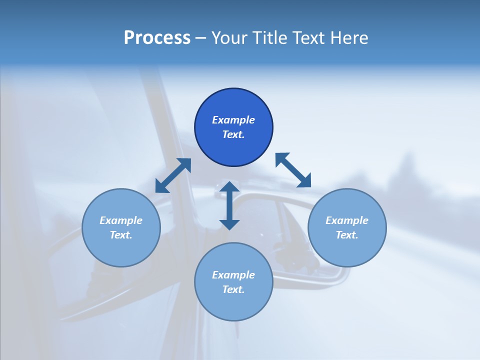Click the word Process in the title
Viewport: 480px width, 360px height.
click(157, 38)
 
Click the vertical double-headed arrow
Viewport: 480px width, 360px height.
click(229, 205)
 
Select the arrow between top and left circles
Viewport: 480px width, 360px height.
click(173, 175)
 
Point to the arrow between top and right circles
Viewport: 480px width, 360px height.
click(293, 170)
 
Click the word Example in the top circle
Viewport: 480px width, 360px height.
click(233, 120)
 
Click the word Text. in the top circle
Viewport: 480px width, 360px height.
click(233, 134)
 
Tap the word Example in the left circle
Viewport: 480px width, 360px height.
click(121, 220)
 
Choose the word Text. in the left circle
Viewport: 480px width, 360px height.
click(121, 235)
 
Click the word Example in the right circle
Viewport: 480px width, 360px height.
click(347, 220)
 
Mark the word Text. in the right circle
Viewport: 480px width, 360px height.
click(347, 235)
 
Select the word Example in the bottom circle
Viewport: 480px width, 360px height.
click(233, 275)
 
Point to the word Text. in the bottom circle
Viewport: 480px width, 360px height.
click(233, 289)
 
